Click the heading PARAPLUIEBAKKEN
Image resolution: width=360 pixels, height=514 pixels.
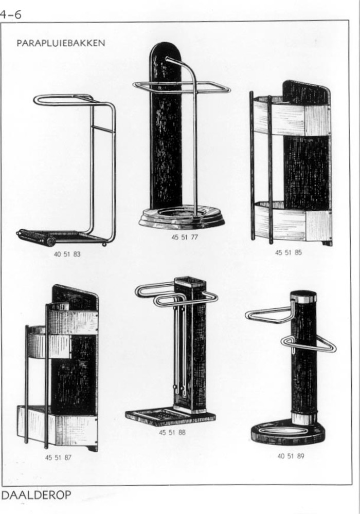pyautogui.click(x=61, y=43)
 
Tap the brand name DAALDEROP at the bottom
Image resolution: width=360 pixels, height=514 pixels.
pyautogui.click(x=36, y=494)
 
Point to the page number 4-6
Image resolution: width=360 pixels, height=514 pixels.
pyautogui.click(x=10, y=14)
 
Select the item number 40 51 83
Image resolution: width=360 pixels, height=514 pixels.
pyautogui.click(x=67, y=254)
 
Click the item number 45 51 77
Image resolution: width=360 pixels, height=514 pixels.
pyautogui.click(x=185, y=237)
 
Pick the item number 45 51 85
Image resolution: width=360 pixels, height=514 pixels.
pyautogui.click(x=288, y=252)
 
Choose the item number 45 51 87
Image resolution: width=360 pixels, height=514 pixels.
pyautogui.click(x=58, y=457)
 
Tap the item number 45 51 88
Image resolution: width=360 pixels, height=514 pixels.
pyautogui.click(x=172, y=432)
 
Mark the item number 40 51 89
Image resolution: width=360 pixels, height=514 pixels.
pyautogui.click(x=291, y=456)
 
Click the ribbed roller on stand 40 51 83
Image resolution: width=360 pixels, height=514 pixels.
pyautogui.click(x=36, y=236)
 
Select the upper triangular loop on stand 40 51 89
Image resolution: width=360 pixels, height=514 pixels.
pyautogui.click(x=271, y=314)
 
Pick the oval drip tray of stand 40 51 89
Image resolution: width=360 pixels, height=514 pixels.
pyautogui.click(x=289, y=432)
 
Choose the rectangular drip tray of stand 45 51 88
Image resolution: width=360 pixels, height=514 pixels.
pyautogui.click(x=171, y=416)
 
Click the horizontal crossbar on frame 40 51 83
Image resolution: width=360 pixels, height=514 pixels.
pyautogui.click(x=103, y=128)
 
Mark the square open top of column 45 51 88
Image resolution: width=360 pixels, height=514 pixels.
pyautogui.click(x=190, y=282)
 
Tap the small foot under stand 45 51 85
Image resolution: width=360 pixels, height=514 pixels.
pyautogui.click(x=327, y=243)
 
